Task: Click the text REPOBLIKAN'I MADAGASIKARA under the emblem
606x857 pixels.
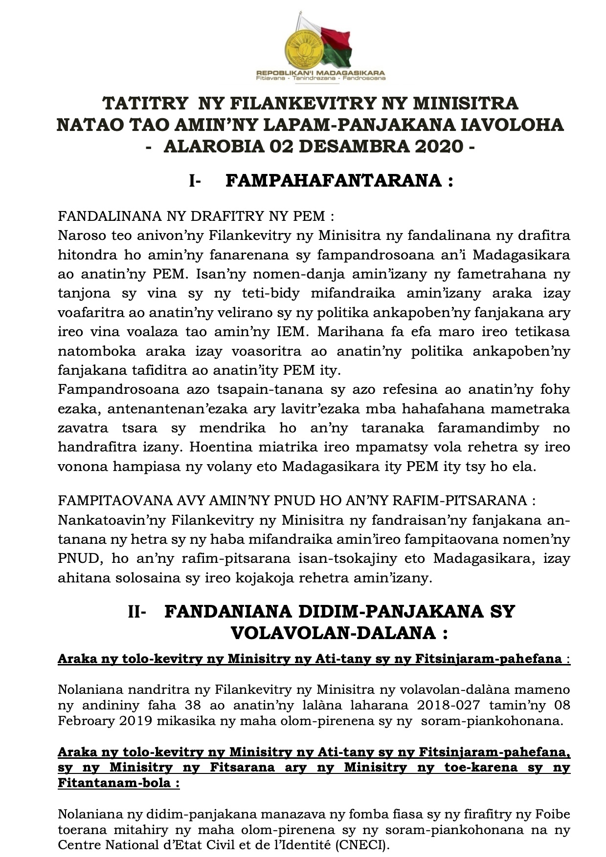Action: [320, 71]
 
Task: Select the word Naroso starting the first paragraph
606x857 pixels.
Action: [81, 236]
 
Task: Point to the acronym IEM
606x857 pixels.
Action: [292, 332]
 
